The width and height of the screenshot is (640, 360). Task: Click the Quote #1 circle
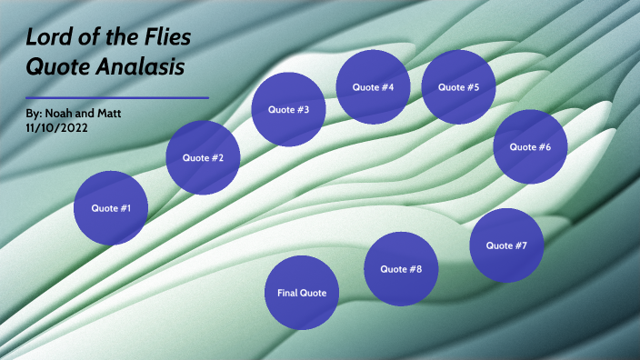(x=111, y=208)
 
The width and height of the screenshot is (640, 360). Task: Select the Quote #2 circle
(x=204, y=158)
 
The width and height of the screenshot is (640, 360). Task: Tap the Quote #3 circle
(x=288, y=110)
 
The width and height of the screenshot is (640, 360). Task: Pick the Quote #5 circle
(x=459, y=87)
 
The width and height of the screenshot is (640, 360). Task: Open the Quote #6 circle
(x=530, y=146)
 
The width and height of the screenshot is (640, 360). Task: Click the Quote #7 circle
(x=506, y=245)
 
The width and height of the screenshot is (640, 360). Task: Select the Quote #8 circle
(x=401, y=269)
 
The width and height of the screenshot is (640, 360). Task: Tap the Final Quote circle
(x=302, y=293)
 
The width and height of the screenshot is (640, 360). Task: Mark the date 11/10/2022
(x=58, y=128)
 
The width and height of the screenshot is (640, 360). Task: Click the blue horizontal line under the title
(x=118, y=97)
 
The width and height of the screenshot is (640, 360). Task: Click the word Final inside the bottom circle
(x=287, y=293)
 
